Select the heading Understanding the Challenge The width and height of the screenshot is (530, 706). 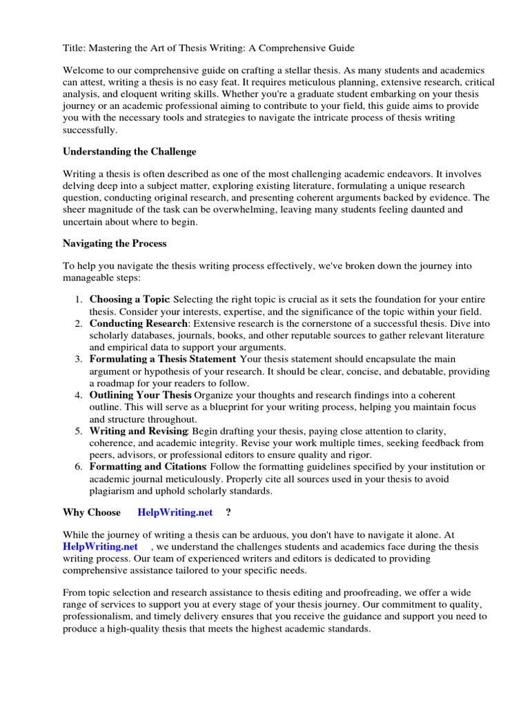click(129, 151)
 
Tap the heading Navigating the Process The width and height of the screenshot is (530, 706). click(115, 243)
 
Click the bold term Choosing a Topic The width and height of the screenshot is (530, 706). click(129, 299)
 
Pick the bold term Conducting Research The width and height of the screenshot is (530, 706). click(138, 323)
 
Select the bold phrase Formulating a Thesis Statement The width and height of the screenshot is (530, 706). click(162, 359)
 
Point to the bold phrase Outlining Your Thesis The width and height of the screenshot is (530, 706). click(141, 395)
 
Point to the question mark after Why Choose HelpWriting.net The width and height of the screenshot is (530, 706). click(228, 512)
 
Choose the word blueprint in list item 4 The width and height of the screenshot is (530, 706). click(206, 407)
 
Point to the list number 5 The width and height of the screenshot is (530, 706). click(79, 431)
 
